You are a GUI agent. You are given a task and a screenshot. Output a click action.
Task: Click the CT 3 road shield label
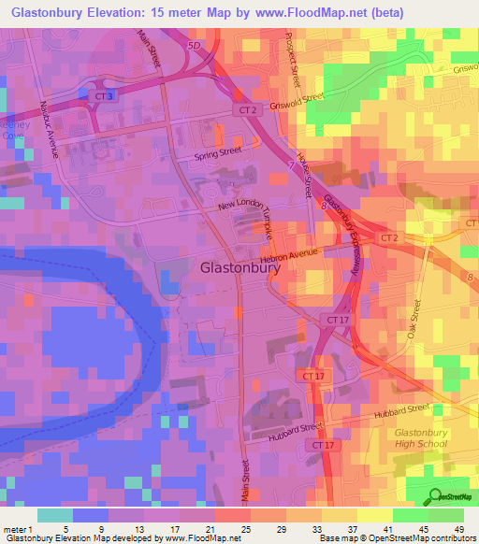tap(103, 96)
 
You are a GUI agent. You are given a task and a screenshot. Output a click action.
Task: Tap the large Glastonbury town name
tap(240, 267)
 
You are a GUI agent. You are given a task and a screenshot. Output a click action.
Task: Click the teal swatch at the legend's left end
tap(55, 514)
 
